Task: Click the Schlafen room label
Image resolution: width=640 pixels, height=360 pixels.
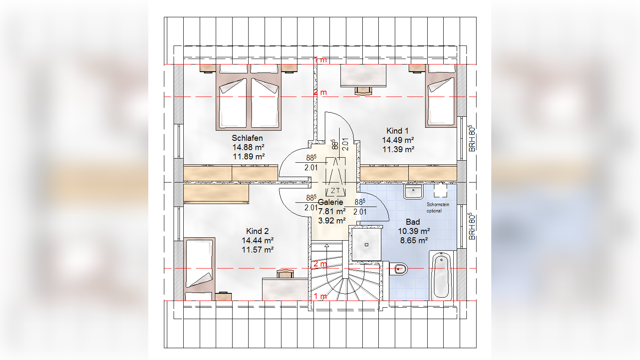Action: tap(247, 138)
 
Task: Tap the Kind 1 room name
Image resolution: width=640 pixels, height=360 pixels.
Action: tap(397, 131)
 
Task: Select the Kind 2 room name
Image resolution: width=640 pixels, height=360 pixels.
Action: tap(257, 231)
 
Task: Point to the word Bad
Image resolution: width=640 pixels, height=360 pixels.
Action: tap(413, 222)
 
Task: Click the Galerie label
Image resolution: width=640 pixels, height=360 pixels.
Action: tap(330, 202)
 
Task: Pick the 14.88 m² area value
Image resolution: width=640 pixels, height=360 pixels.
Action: tap(248, 147)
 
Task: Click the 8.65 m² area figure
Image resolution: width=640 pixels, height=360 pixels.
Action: tap(414, 240)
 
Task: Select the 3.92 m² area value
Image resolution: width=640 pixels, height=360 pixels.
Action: tap(332, 221)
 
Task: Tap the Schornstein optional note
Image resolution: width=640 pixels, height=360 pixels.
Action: tap(438, 207)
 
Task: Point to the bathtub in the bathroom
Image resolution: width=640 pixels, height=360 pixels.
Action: tap(441, 276)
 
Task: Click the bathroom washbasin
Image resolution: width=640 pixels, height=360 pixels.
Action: tap(413, 191)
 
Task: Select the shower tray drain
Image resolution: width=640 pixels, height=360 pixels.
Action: tap(367, 245)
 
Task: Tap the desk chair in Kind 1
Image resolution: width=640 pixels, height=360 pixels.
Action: tap(364, 91)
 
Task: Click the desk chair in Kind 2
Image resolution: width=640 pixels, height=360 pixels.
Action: tap(285, 274)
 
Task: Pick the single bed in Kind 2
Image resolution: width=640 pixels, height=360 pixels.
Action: tap(199, 269)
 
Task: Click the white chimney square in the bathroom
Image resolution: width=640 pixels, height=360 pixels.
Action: tap(440, 191)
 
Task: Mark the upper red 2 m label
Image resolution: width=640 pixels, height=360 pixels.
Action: tap(320, 92)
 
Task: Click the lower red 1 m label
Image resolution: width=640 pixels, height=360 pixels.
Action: tap(320, 296)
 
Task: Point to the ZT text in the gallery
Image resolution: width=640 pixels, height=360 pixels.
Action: tap(335, 191)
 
